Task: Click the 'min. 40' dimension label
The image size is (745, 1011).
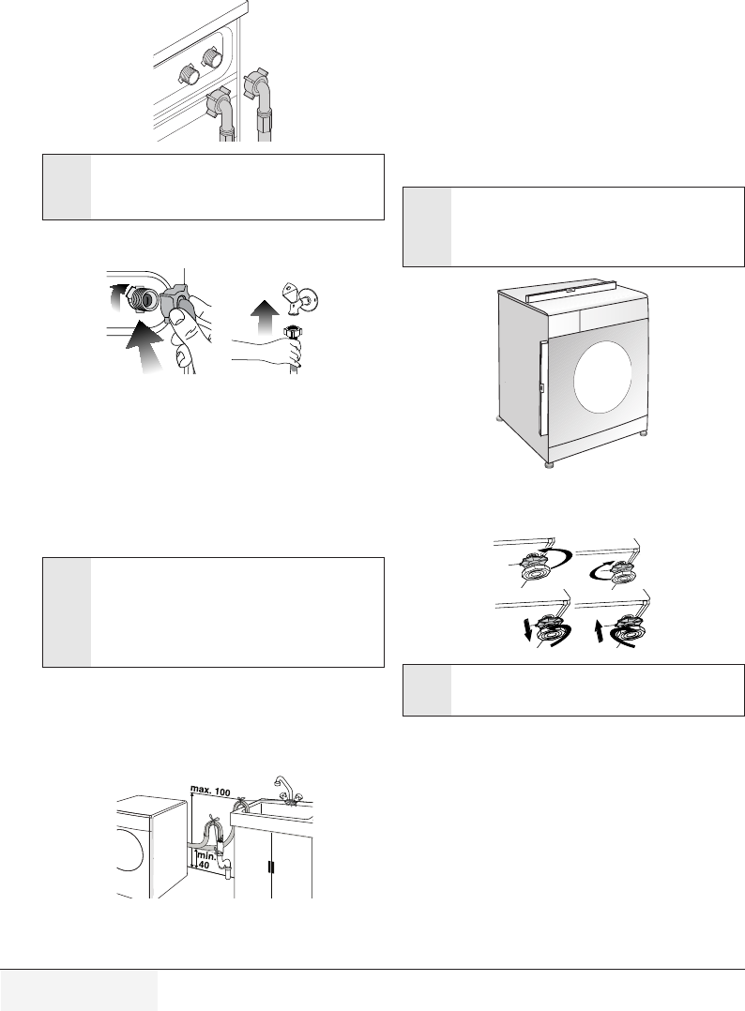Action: tap(207, 860)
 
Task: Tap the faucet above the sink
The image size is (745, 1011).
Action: tap(281, 786)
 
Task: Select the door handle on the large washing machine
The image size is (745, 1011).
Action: tap(542, 387)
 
